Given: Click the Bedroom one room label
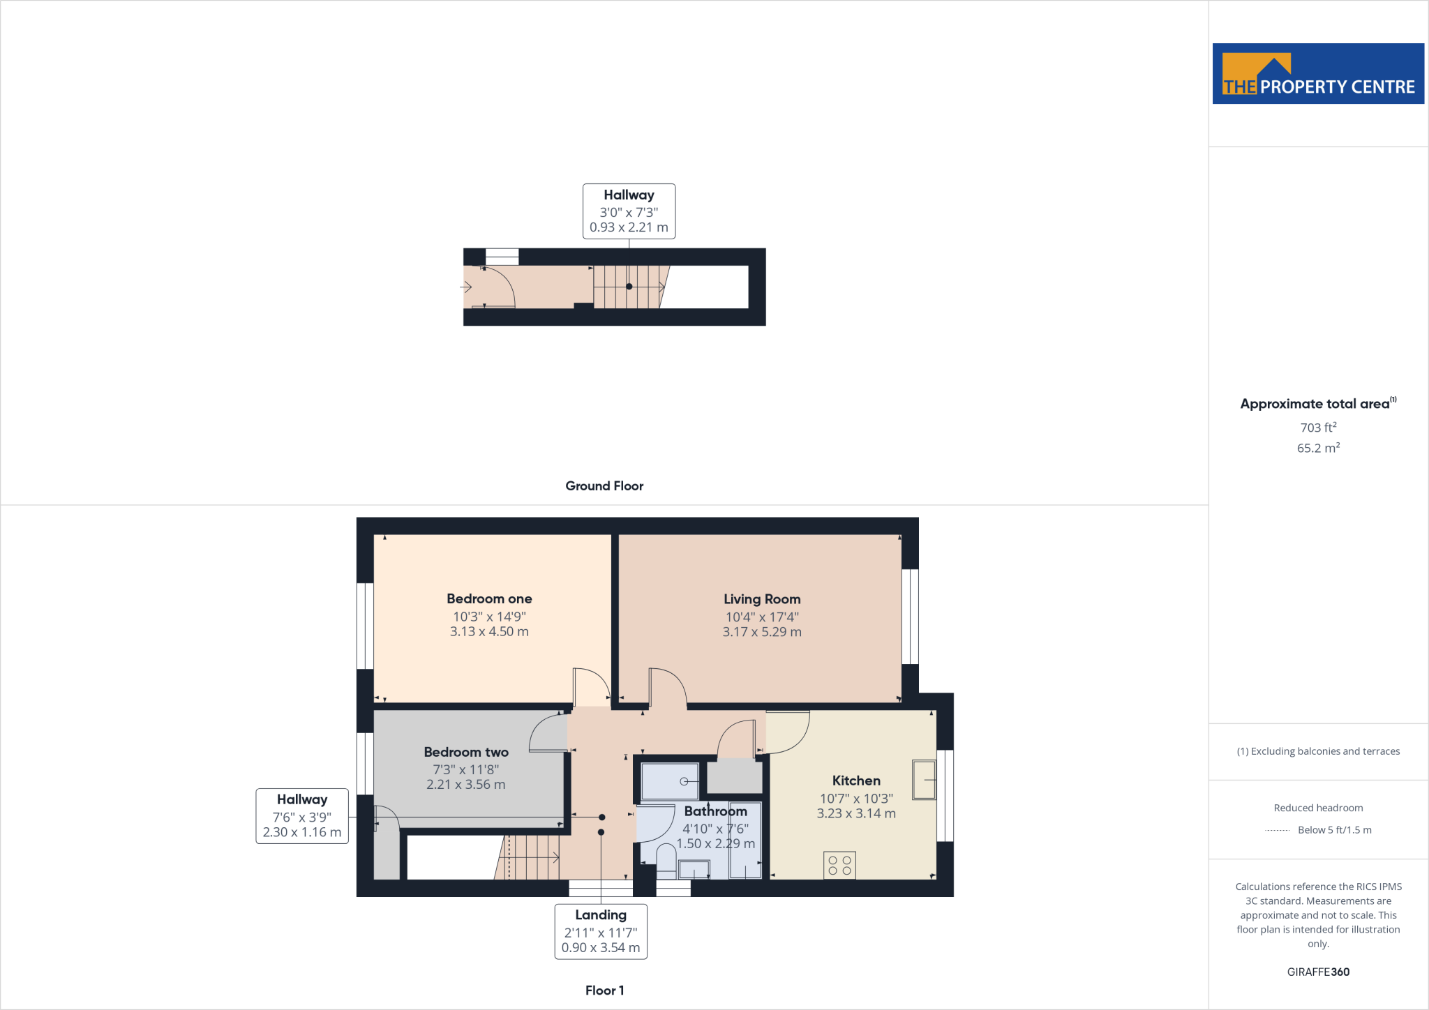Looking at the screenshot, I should (489, 598).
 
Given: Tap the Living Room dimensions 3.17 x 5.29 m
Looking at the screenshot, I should (761, 632).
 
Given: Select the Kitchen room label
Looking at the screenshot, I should (855, 781).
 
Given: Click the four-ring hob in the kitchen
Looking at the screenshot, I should (839, 866).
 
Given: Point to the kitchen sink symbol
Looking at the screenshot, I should (924, 779).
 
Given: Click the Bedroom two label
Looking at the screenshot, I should (466, 752).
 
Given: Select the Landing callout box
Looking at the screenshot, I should (600, 931).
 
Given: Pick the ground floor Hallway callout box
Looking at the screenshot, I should (629, 211).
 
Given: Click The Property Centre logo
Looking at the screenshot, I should (1317, 74).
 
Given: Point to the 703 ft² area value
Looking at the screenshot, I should (1317, 428).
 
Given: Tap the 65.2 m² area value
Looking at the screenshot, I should (1317, 448).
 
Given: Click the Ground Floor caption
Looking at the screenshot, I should (604, 486).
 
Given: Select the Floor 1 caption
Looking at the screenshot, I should (604, 990).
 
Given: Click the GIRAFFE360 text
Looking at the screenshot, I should (1317, 972).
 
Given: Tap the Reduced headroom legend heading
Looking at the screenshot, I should (1317, 808).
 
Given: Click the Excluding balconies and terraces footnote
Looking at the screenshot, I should (1317, 751).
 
